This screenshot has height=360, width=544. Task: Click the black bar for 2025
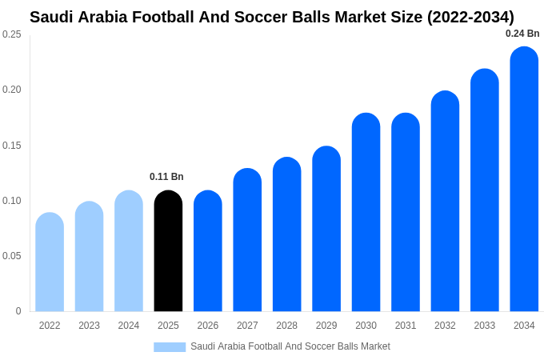pos(168,251)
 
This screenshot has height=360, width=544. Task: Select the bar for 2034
pos(524,180)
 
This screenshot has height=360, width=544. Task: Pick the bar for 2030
pos(366,213)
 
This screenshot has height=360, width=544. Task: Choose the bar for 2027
pos(247,240)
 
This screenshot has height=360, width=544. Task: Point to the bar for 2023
pos(89,257)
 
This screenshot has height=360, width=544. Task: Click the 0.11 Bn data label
pos(166,177)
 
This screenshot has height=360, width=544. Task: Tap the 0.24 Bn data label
pos(522,34)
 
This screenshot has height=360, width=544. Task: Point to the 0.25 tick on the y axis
pos(12,34)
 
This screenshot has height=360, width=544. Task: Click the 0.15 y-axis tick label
pos(12,146)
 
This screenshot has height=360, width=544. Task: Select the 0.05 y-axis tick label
pos(12,256)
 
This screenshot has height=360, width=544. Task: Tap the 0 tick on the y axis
pos(18,311)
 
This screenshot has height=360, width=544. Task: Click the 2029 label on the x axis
pos(326,326)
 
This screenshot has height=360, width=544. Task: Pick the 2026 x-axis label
pos(208,326)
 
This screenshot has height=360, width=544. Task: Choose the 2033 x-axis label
pos(485,326)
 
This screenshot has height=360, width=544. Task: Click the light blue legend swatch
pos(170,347)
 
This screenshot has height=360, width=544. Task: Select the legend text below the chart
pos(290,346)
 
